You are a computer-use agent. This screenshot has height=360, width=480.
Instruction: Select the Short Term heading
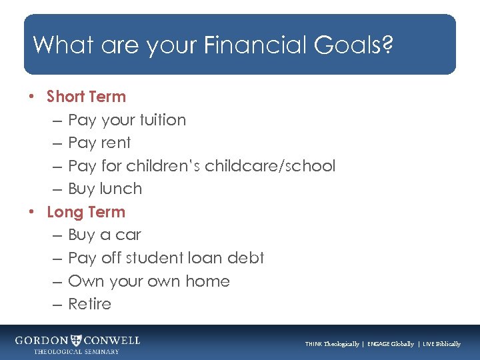86,97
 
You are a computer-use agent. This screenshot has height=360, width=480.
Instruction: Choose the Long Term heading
86,212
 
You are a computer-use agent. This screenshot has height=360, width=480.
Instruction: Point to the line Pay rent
99,143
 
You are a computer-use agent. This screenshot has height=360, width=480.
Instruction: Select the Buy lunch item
105,189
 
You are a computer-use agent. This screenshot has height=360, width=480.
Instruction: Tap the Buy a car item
105,235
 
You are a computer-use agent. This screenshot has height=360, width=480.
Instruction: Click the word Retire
89,304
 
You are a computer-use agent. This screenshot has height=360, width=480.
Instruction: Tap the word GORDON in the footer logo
42,340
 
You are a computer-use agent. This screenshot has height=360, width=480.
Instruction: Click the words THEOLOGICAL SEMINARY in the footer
77,351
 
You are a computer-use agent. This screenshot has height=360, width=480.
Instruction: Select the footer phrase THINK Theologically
332,344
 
